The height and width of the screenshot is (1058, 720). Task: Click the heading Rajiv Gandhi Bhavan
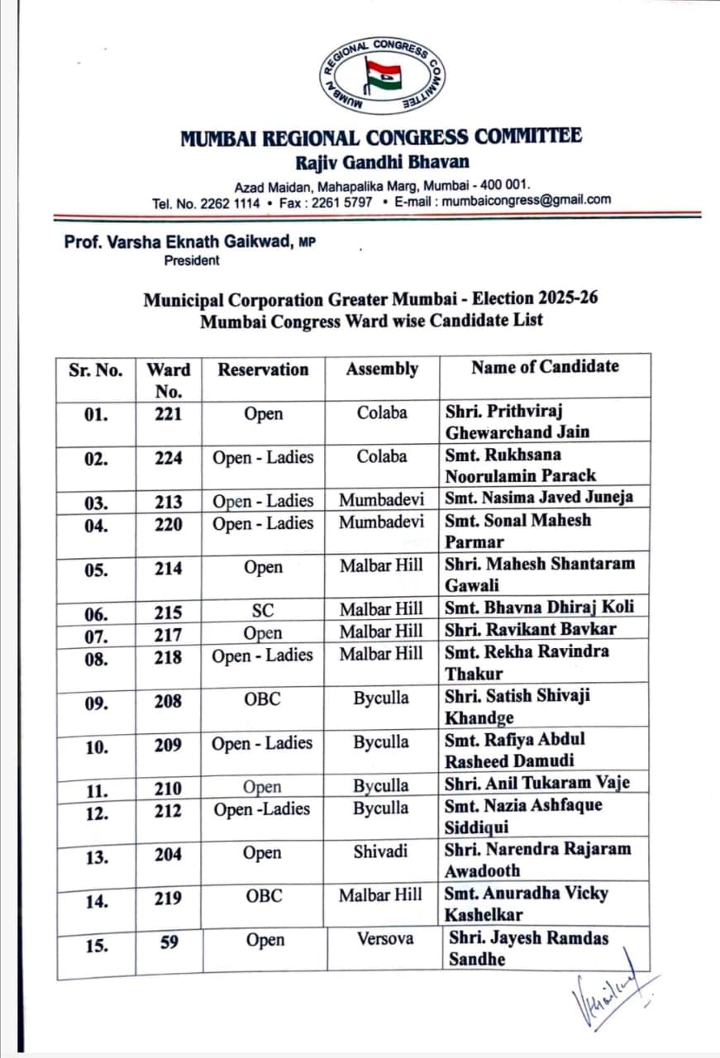pos(382,161)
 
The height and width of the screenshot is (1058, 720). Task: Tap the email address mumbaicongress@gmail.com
pos(527,200)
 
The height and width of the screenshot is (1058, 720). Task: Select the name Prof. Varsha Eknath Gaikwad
pos(179,243)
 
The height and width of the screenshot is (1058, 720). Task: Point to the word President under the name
pos(192,260)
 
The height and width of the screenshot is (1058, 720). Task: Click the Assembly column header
pos(382,369)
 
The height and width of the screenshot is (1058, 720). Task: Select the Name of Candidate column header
pos(544,366)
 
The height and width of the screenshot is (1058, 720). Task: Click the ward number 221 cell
pos(169,414)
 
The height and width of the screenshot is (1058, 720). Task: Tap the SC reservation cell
pos(263,612)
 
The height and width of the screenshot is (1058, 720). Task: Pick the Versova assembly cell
pos(385,939)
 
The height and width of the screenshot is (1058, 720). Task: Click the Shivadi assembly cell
pos(380,851)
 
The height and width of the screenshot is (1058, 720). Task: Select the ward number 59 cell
pos(169,941)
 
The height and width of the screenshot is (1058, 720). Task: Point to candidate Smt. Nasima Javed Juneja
pos(539,497)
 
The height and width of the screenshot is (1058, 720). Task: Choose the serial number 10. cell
pos(97,747)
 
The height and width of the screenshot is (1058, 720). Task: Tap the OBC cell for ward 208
pos(263,698)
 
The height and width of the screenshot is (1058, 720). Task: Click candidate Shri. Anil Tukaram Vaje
pos(536,783)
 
